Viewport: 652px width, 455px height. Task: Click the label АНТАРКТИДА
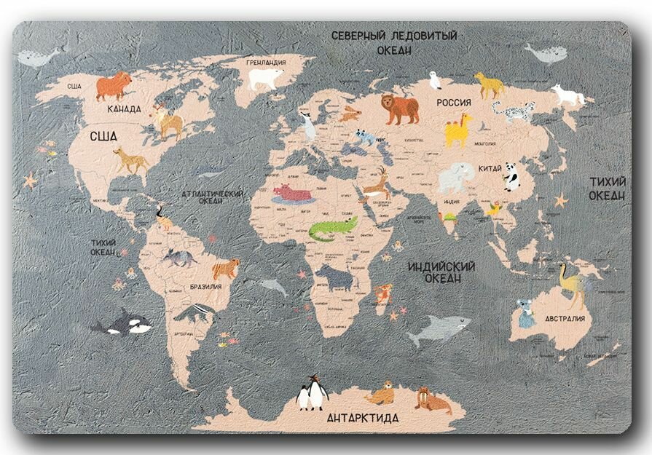pyautogui.click(x=362, y=419)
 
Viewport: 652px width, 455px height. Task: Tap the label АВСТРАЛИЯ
pyautogui.click(x=565, y=319)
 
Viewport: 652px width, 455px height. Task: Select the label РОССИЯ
pyautogui.click(x=454, y=103)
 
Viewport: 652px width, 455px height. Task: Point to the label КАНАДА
pyautogui.click(x=124, y=109)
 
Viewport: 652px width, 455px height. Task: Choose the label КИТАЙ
pyautogui.click(x=490, y=168)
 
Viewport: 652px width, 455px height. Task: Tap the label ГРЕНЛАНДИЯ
pyautogui.click(x=266, y=63)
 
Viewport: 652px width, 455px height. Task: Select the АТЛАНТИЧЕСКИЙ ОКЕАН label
pyautogui.click(x=212, y=197)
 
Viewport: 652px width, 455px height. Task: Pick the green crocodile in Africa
pyautogui.click(x=333, y=229)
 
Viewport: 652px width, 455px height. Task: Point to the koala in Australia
pyautogui.click(x=525, y=312)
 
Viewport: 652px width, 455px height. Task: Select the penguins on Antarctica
pyautogui.click(x=313, y=393)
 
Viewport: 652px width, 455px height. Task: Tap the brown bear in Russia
pyautogui.click(x=400, y=108)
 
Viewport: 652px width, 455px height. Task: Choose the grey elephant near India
pyautogui.click(x=455, y=177)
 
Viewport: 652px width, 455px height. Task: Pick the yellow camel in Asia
pyautogui.click(x=457, y=130)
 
